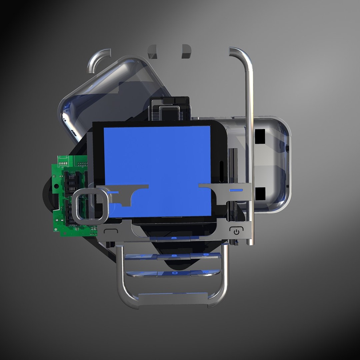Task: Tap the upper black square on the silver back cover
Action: (260, 135)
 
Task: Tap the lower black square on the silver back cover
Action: (260, 193)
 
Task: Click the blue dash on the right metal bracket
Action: (236, 190)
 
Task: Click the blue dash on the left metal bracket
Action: (113, 192)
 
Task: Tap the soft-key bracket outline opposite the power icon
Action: (111, 231)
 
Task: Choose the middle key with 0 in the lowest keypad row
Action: (174, 273)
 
